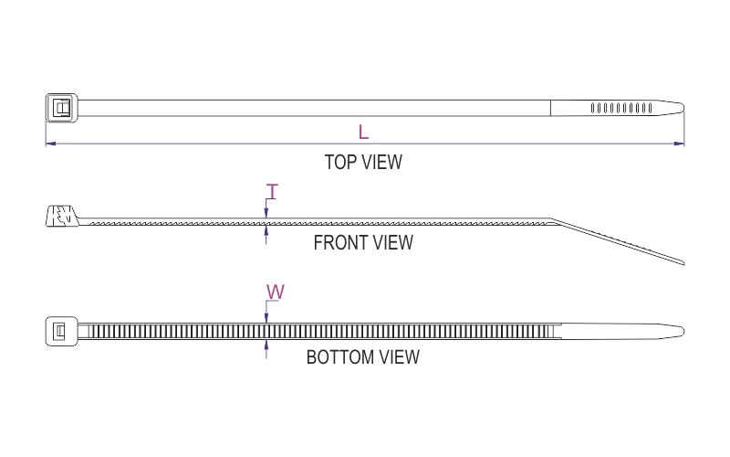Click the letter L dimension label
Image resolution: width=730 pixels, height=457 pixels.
pos(363,132)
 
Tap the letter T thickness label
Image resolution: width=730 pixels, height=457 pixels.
pos(272,191)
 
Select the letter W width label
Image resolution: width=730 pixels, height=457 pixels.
pos(276,292)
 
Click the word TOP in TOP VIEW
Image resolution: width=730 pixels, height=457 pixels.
pos(340,163)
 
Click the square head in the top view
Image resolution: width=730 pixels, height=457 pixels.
pos(61,108)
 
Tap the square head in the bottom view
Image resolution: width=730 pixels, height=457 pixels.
pos(61,331)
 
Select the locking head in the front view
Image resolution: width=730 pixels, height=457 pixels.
pos(62,216)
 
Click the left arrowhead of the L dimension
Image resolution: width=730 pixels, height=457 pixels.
pos(50,143)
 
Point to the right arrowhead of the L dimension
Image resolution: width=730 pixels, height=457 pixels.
pos(679,143)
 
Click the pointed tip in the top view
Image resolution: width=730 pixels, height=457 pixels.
pos(683,108)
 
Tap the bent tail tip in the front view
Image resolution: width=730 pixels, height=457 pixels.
pos(683,263)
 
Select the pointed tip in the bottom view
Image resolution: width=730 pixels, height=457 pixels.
pos(683,332)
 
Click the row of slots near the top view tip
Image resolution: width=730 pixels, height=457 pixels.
pos(621,108)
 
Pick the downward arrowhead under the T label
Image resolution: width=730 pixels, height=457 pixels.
pos(266,214)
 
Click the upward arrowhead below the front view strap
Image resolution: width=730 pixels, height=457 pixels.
pos(266,230)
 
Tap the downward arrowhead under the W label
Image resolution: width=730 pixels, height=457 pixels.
pos(266,318)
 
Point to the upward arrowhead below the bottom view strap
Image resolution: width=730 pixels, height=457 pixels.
pos(266,345)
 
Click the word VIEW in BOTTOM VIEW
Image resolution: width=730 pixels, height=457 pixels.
pos(400,357)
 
